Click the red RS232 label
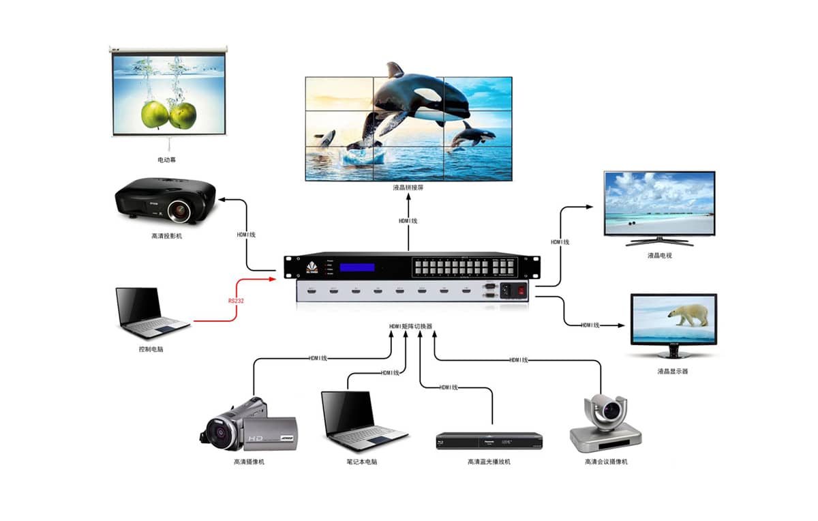click(x=236, y=300)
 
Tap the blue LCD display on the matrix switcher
click(x=357, y=267)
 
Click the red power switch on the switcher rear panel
click(x=522, y=289)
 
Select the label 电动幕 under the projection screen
click(x=167, y=161)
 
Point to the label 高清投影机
click(x=167, y=236)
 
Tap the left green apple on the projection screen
click(x=155, y=114)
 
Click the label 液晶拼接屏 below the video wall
click(x=408, y=187)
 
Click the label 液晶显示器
click(x=673, y=371)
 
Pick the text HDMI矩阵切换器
click(x=410, y=327)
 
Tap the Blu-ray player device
click(x=489, y=441)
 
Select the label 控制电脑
click(x=151, y=349)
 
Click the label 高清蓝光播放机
click(x=489, y=462)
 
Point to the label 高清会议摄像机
click(x=606, y=462)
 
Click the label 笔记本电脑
click(x=361, y=462)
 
